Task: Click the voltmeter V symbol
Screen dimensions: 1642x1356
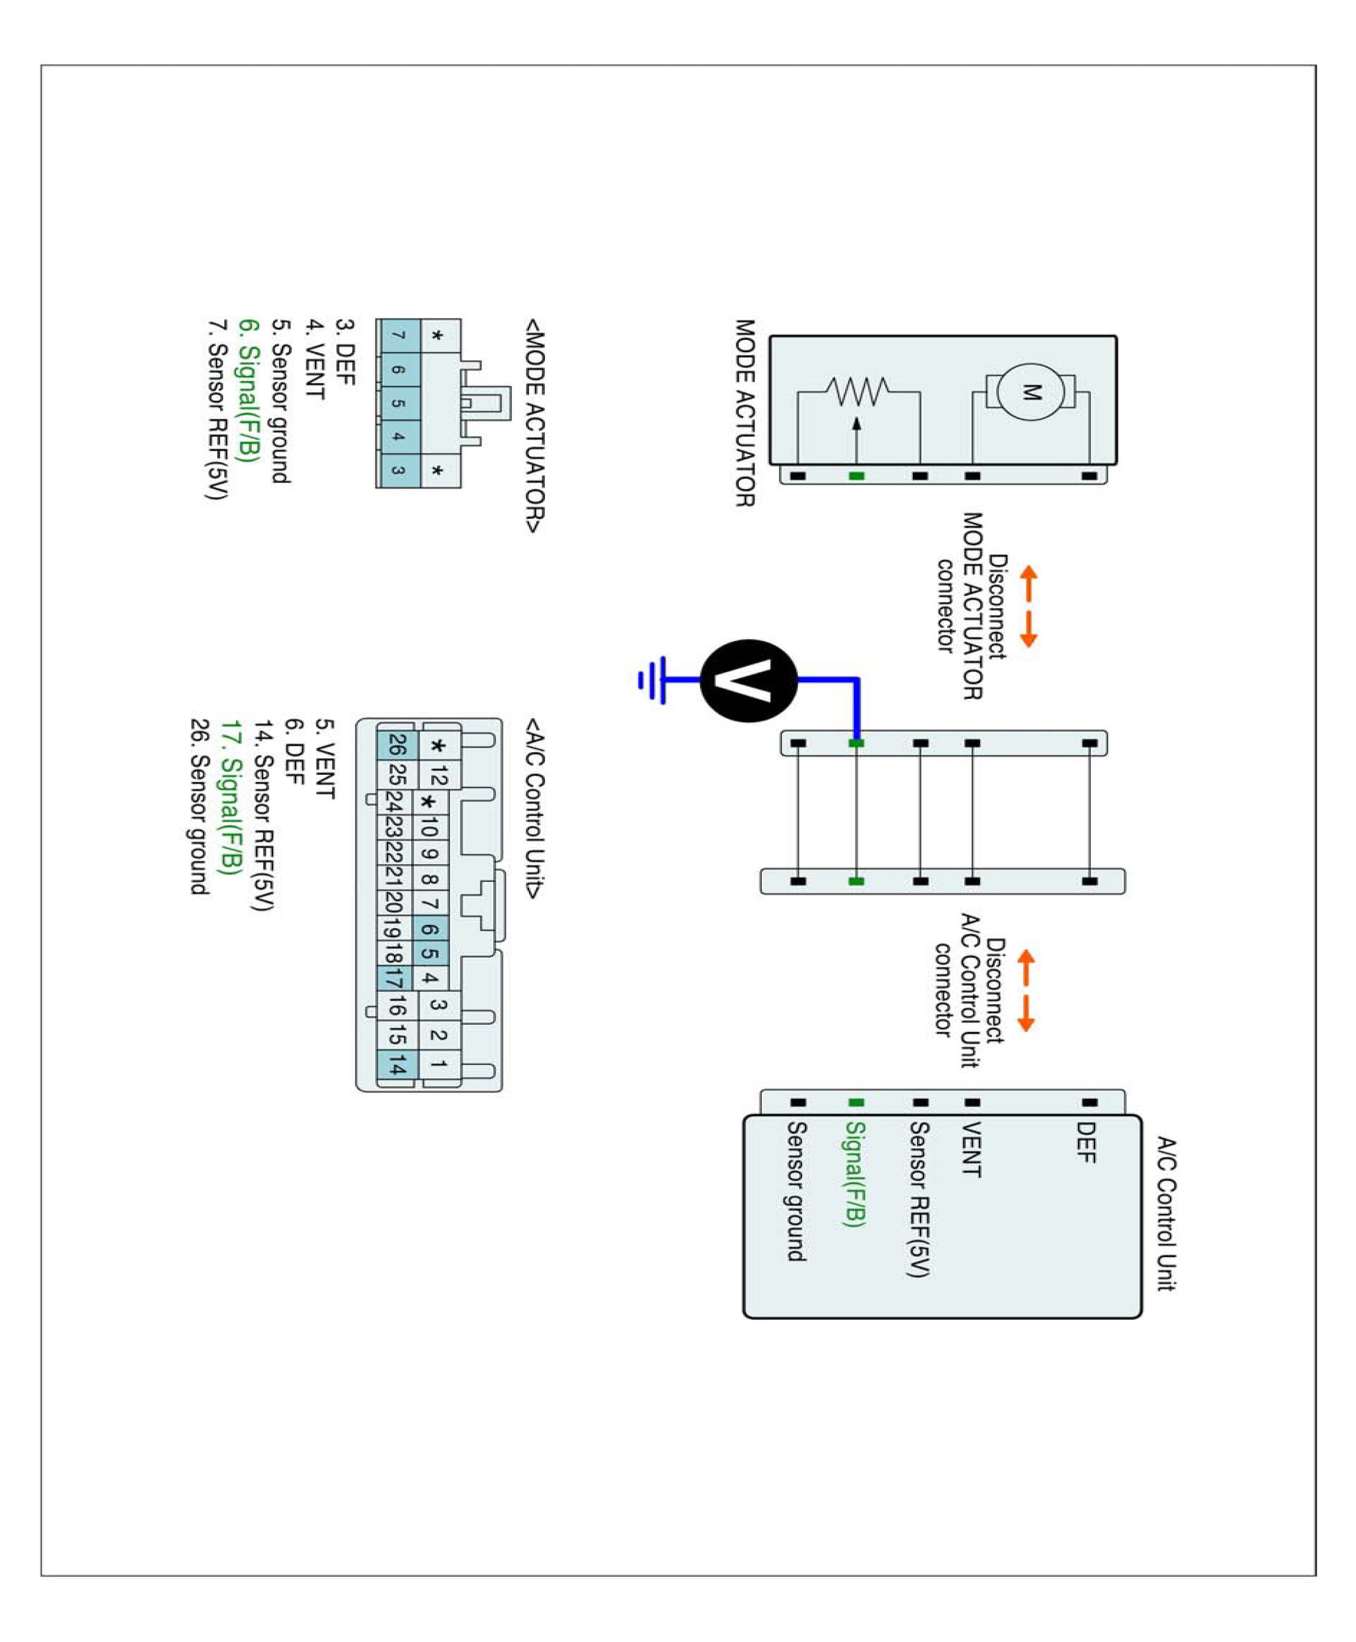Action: pyautogui.click(x=749, y=681)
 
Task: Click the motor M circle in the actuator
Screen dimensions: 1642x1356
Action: pyautogui.click(x=1030, y=392)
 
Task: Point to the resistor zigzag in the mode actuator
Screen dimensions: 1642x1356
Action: pyautogui.click(x=857, y=392)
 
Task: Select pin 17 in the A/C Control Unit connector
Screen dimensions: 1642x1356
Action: pyautogui.click(x=396, y=978)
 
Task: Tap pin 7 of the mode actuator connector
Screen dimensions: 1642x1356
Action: pyautogui.click(x=398, y=335)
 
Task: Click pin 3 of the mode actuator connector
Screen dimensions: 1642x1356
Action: pyautogui.click(x=398, y=470)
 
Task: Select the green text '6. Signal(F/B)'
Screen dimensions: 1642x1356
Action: pyautogui.click(x=247, y=390)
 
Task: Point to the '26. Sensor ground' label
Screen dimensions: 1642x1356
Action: pyautogui.click(x=199, y=806)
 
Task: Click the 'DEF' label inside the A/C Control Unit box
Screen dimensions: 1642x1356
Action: pyautogui.click(x=1086, y=1142)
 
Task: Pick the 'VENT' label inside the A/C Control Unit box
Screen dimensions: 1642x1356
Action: pyautogui.click(x=971, y=1149)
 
